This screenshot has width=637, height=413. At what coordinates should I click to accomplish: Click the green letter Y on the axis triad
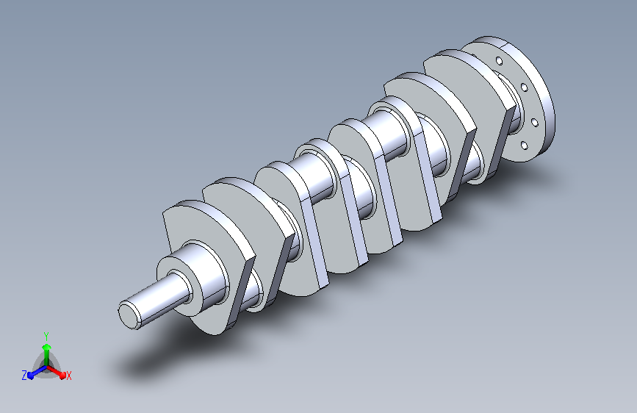click(x=46, y=336)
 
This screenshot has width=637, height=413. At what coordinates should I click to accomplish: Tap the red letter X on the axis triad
click(x=68, y=376)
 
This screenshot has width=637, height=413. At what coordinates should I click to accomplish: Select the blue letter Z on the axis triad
click(x=24, y=376)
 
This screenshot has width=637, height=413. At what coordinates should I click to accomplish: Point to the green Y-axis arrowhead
click(x=47, y=347)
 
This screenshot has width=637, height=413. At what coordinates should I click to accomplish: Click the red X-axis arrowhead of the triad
click(x=62, y=376)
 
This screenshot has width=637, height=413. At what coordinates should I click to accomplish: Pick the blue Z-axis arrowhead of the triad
click(x=30, y=376)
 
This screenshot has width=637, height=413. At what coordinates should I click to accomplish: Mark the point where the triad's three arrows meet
click(x=47, y=367)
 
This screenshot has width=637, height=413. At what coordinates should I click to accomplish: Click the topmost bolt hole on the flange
click(x=500, y=61)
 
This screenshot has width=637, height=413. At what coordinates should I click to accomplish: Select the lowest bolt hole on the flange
click(x=524, y=146)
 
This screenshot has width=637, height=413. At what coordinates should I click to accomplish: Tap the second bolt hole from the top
click(x=524, y=87)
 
